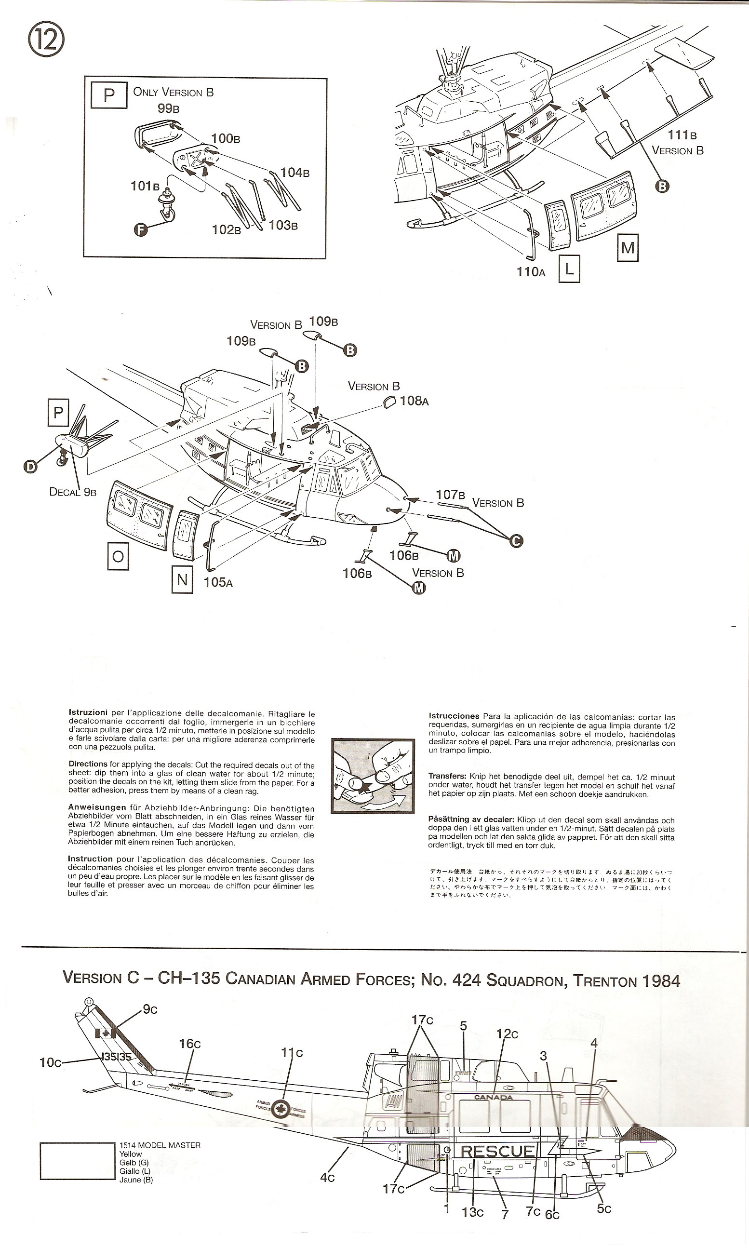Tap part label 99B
169,108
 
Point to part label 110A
531,272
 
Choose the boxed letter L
569,269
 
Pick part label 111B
682,135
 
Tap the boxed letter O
118,557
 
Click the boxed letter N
182,580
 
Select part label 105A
218,582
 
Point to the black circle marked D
31,467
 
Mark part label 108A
414,401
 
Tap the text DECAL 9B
73,492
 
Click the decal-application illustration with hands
373,776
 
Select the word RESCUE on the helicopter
497,1151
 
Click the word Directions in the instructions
88,764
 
